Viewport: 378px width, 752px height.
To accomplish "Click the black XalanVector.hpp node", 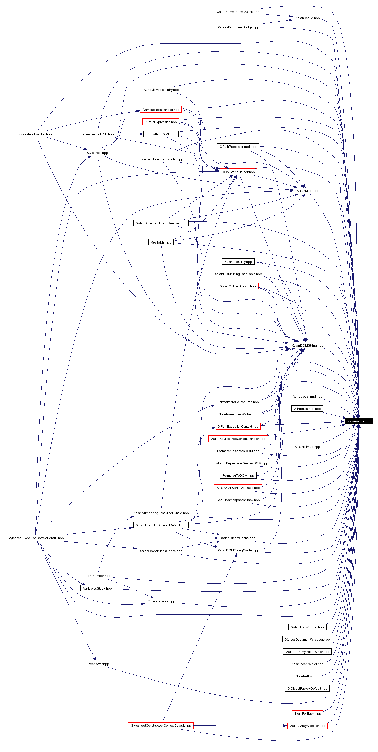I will coord(359,421).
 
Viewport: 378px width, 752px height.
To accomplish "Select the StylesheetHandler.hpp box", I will coord(35,134).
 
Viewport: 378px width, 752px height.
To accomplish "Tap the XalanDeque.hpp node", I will coord(307,18).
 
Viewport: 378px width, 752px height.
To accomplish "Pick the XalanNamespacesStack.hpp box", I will coord(238,12).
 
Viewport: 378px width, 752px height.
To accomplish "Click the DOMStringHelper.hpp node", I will coord(238,172).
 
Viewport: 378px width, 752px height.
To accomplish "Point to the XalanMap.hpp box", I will coord(307,191).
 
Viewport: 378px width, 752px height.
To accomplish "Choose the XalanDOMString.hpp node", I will coord(307,345).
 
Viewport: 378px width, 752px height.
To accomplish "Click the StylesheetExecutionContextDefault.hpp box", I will coord(35,538).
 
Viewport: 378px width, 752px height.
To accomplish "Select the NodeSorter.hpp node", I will coord(97,664).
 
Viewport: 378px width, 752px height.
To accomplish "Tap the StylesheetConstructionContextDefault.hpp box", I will coord(161,726).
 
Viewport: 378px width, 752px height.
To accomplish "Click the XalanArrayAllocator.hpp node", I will coord(307,726).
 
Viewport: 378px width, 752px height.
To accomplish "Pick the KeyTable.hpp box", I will coord(161,242).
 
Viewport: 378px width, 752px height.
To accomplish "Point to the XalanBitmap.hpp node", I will coord(307,447).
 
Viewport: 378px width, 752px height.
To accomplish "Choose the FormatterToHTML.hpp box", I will coord(97,134).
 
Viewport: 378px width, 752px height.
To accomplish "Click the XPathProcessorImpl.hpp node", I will coord(238,147).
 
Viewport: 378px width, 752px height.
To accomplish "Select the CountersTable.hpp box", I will coord(161,601).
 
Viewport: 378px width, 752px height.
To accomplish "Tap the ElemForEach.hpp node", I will coord(307,714).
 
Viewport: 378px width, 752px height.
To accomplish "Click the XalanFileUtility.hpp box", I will coord(238,262).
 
